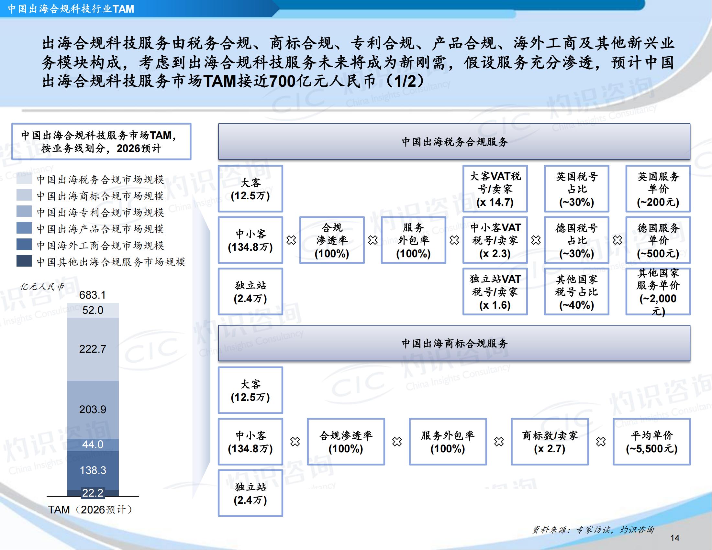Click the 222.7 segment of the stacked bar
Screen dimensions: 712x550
tap(93, 349)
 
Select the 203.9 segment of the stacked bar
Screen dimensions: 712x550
tap(93, 410)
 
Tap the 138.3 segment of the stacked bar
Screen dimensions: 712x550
tap(93, 470)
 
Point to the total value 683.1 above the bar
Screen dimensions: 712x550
tap(93, 295)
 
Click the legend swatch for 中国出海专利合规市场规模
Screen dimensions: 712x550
tap(24, 212)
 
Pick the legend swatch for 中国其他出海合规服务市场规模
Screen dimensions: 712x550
tap(24, 261)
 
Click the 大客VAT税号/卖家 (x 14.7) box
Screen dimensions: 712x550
tap(495, 189)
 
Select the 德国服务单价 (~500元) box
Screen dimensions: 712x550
tap(658, 240)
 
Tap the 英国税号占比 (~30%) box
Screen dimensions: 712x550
tap(576, 189)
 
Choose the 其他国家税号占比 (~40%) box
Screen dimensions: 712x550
tap(576, 291)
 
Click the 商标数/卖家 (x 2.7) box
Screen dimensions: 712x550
tap(550, 442)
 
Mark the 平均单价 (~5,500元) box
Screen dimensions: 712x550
tap(652, 442)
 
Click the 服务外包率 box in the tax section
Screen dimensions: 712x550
tap(413, 240)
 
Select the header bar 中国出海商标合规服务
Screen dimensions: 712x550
tap(454, 343)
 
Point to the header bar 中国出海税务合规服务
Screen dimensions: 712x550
tap(454, 142)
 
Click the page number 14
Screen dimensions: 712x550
tap(675, 538)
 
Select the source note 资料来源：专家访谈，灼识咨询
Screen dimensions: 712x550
tap(593, 530)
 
